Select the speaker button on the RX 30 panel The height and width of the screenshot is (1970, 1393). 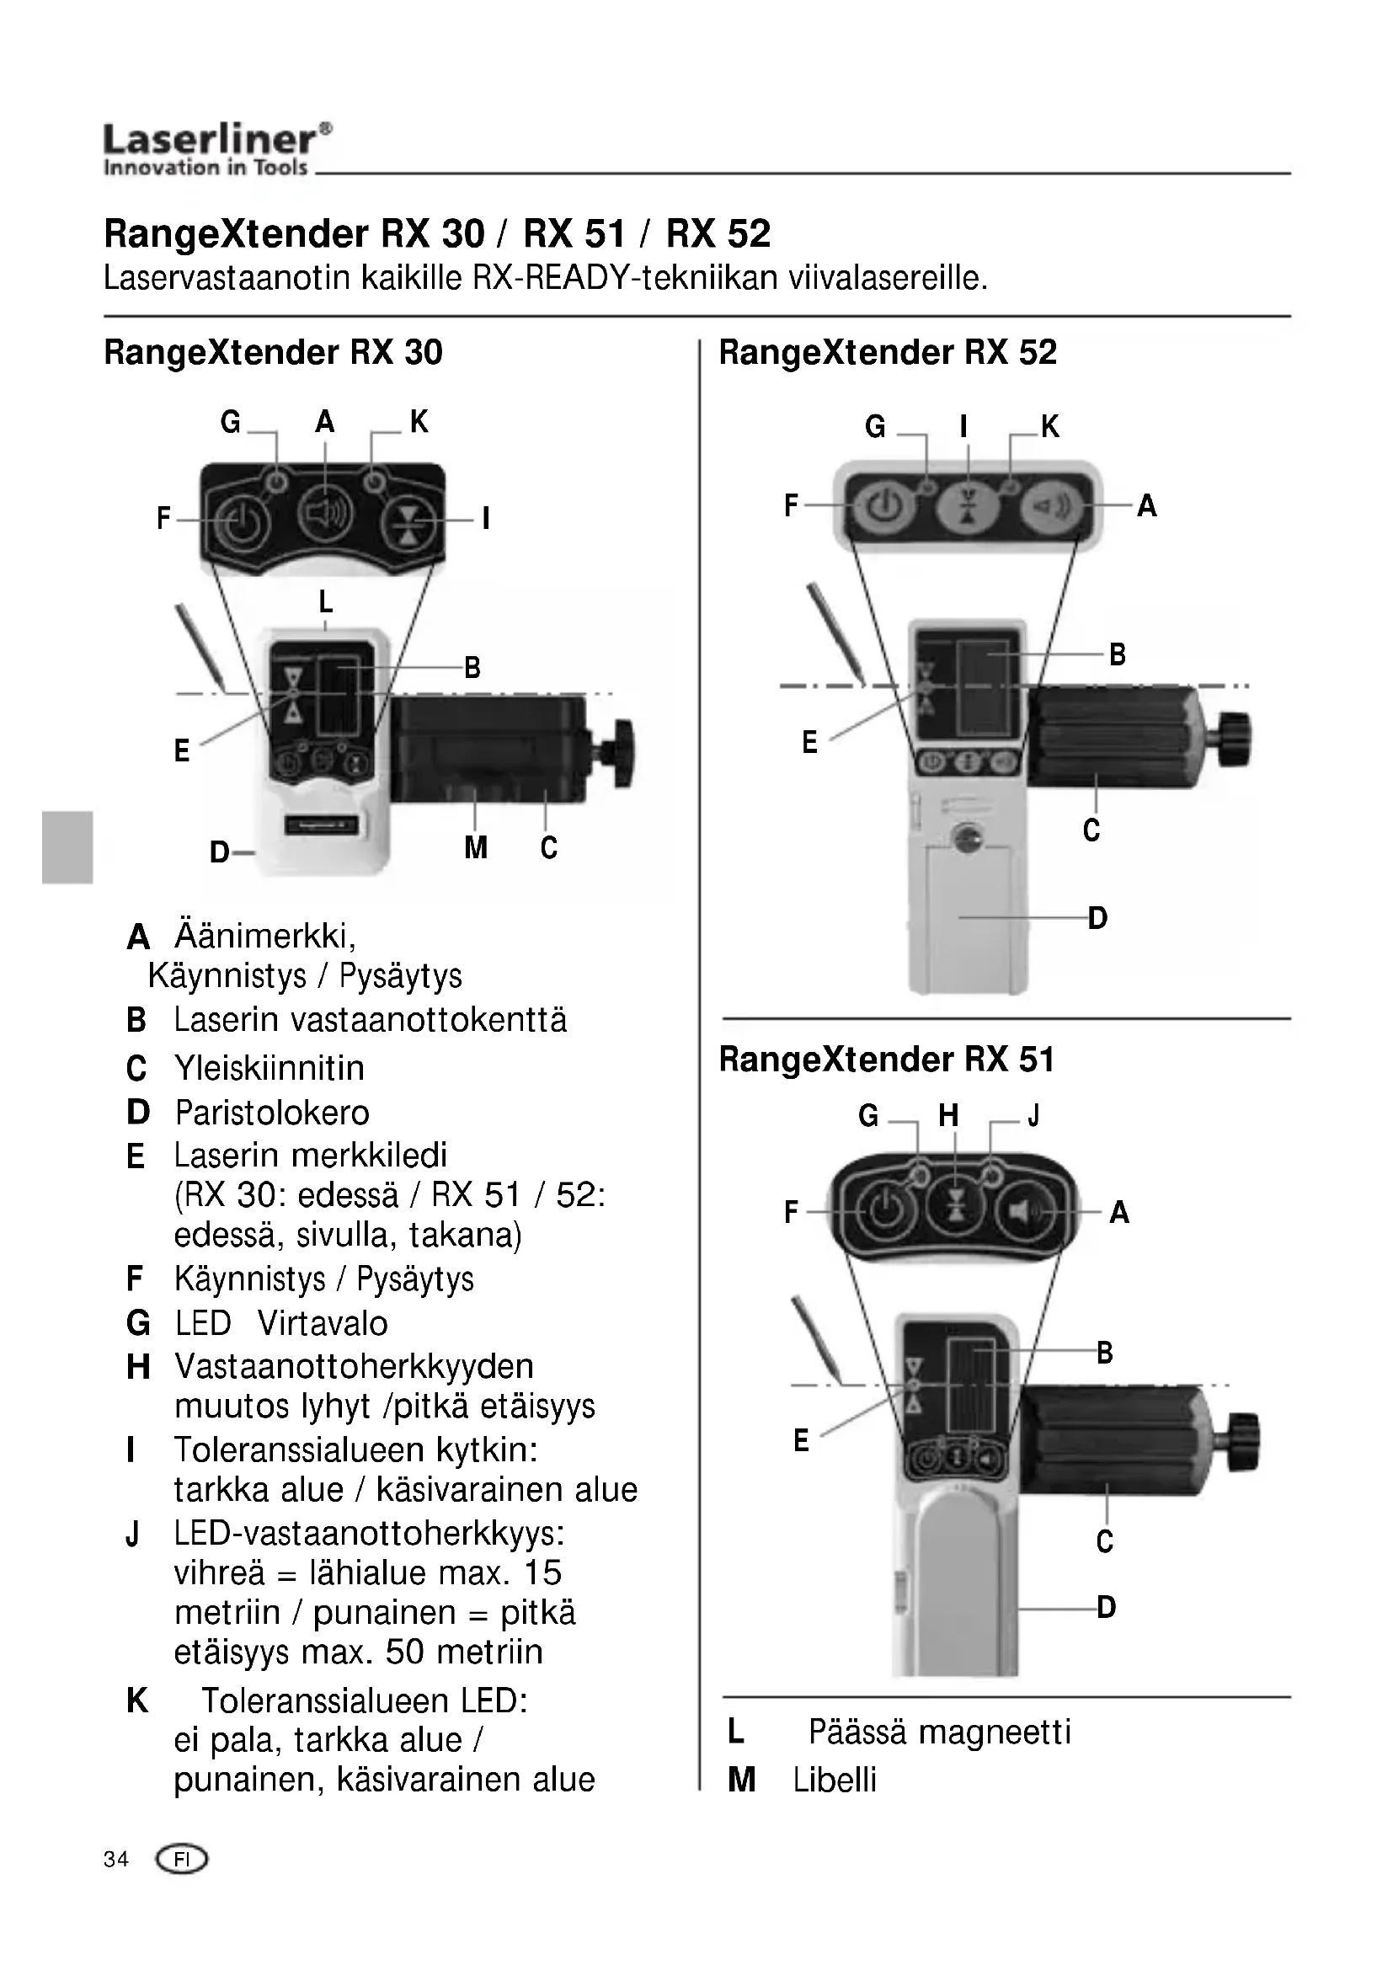324,513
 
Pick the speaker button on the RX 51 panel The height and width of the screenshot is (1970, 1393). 1026,1212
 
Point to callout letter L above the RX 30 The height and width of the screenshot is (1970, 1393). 325,602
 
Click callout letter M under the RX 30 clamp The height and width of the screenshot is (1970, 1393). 475,848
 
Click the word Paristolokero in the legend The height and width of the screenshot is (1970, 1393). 272,1113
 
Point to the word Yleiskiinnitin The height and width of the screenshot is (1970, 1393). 270,1068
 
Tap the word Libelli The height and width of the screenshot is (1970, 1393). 835,1780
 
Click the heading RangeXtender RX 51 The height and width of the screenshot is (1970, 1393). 886,1060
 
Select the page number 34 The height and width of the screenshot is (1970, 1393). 115,1860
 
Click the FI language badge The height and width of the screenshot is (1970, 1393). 181,1860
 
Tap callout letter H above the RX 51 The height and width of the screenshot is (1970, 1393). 947,1115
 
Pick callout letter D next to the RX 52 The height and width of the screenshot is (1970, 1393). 1098,918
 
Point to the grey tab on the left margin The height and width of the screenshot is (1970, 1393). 67,846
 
